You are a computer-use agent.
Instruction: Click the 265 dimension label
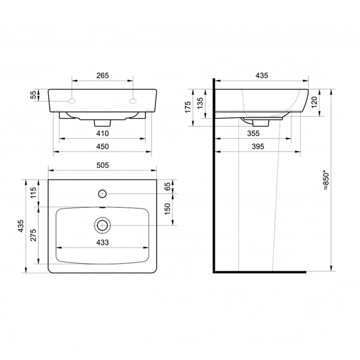[102, 75]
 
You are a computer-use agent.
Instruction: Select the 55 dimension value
[34, 95]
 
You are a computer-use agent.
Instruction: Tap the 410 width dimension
[102, 134]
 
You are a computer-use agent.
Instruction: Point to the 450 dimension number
[102, 147]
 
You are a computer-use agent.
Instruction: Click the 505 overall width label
[102, 165]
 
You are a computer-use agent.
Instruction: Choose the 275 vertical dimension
[33, 235]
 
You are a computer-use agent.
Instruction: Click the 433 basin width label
[102, 242]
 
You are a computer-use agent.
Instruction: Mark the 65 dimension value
[168, 186]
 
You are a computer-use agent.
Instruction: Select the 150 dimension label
[168, 209]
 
